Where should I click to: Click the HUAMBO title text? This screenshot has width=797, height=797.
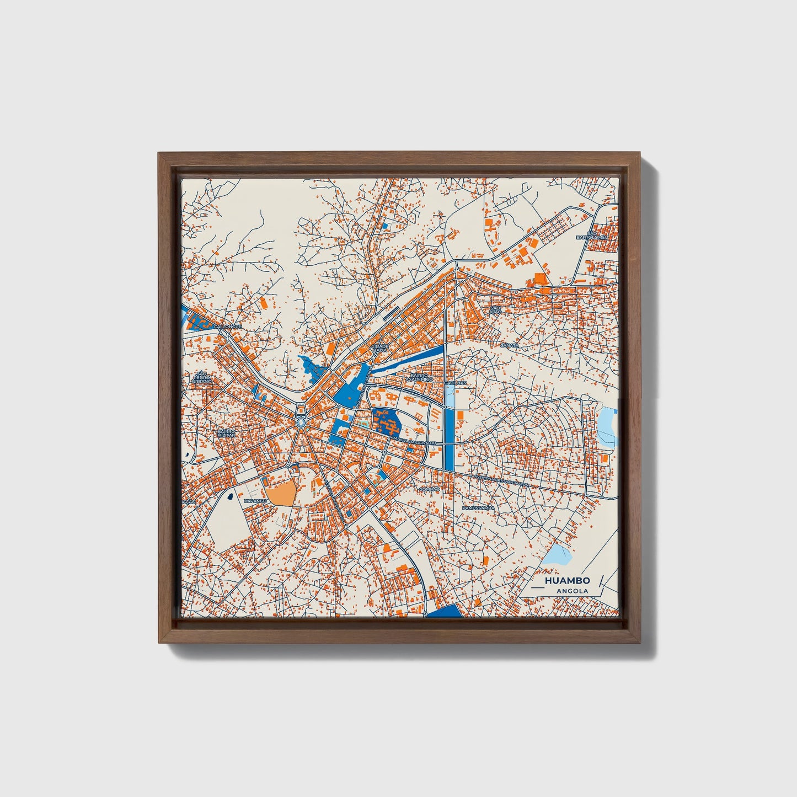coord(567,581)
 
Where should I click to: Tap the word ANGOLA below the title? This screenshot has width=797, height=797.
coord(572,591)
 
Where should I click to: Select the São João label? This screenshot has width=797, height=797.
coord(495,309)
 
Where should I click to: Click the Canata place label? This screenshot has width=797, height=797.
coord(509,345)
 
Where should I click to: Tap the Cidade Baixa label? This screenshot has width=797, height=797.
coord(381,347)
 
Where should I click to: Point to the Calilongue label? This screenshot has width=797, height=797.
coord(228,327)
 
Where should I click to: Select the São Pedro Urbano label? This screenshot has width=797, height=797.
coord(201,378)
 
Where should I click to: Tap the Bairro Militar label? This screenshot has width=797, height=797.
coord(226,433)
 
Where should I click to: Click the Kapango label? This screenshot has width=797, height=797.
coord(255,501)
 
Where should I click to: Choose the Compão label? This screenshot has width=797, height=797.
coord(430,489)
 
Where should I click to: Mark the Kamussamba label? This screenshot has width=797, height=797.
coord(478,507)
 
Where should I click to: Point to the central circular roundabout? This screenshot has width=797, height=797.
coord(301,422)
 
